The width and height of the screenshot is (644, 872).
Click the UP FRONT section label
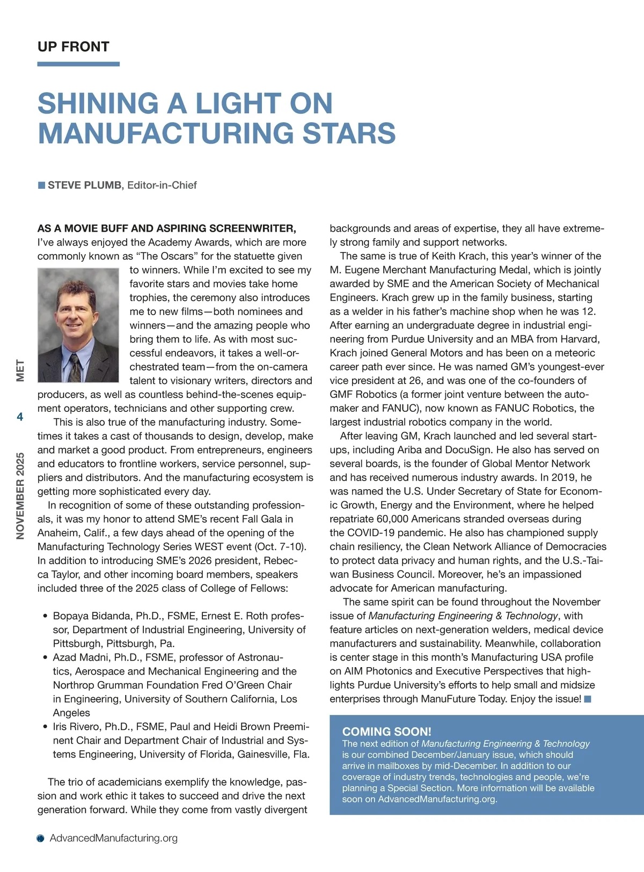point(74,47)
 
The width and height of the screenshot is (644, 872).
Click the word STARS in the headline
point(349,134)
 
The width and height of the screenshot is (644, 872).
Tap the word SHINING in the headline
point(98,104)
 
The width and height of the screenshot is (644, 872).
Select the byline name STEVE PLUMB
point(84,185)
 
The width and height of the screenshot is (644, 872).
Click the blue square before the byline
point(41,185)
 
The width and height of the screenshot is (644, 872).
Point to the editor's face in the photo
point(75,311)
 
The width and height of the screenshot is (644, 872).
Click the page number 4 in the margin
point(20,417)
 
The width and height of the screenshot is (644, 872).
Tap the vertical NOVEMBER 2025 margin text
point(20,496)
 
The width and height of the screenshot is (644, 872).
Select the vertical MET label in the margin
point(20,371)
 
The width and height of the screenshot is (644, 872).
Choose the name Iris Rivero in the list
point(77,727)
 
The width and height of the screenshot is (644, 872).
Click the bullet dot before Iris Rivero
point(45,727)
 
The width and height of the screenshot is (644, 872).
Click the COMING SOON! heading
point(386,731)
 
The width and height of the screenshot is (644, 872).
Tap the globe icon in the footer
point(41,838)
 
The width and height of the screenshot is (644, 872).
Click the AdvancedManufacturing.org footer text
point(113,838)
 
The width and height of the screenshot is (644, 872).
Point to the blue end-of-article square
point(588,699)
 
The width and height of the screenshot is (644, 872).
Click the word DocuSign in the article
point(472,450)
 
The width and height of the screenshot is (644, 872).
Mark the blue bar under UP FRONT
point(78,64)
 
